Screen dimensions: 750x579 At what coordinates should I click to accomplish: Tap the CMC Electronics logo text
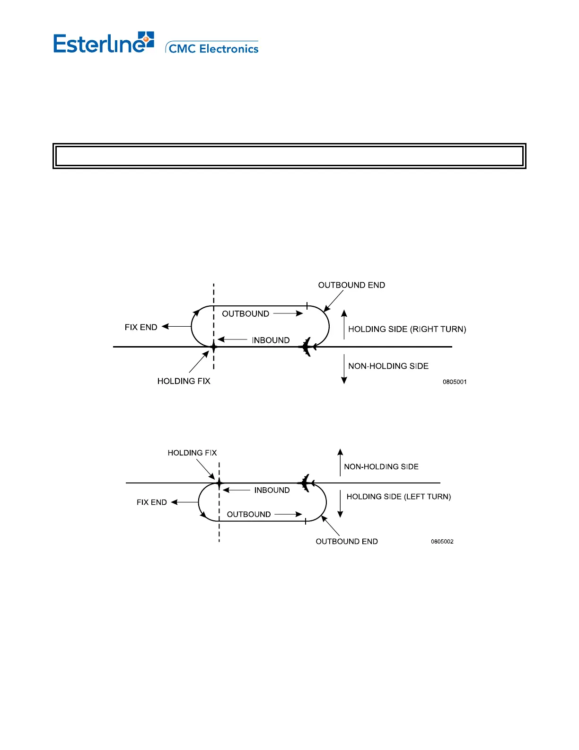(213, 49)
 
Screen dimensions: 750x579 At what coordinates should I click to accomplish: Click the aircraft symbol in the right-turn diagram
(307, 347)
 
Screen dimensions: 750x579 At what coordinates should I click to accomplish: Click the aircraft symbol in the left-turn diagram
(306, 483)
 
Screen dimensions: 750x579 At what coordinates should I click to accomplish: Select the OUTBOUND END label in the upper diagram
(351, 285)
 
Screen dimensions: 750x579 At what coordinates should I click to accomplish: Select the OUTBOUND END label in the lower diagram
(347, 542)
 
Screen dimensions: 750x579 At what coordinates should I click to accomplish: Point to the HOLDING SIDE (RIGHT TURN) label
(407, 329)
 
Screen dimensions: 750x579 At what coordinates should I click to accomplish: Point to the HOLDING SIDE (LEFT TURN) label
(398, 497)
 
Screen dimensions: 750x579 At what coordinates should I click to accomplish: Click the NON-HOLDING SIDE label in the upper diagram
(388, 366)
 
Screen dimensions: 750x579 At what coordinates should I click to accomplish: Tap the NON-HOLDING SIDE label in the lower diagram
(381, 467)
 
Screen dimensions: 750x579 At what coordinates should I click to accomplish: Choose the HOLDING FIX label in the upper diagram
(184, 381)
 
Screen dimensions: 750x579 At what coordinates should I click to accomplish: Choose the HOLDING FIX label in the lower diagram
(192, 453)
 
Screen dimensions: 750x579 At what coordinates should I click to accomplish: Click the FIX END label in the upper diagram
(141, 327)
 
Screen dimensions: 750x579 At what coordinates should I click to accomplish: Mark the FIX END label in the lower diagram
(151, 502)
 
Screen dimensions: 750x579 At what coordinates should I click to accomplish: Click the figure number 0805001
(455, 382)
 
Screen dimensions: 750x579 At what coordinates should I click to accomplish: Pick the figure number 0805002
(442, 542)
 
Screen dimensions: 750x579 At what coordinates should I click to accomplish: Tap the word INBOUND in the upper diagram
(271, 340)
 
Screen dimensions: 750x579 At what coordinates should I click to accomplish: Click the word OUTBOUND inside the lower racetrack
(249, 515)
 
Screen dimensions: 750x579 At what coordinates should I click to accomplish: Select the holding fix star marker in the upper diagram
(214, 347)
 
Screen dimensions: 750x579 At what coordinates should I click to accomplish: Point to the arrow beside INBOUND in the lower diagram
(236, 491)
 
